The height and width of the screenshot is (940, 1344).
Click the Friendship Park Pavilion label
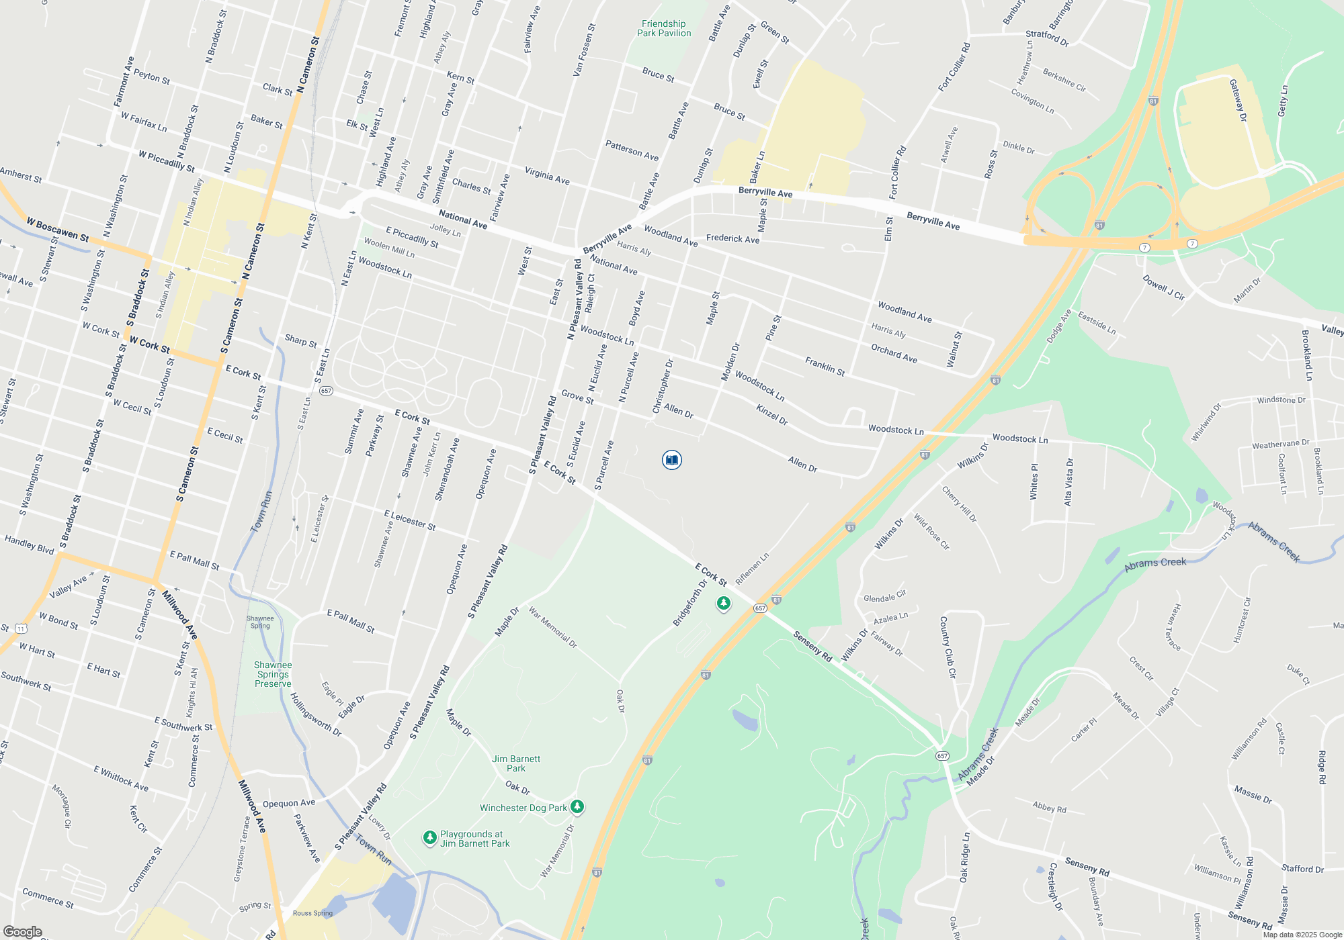point(663,28)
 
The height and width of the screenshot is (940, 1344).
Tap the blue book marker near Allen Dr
point(671,460)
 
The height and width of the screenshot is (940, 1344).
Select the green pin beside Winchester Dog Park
point(577,807)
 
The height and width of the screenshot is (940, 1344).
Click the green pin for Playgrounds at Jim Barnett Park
point(429,838)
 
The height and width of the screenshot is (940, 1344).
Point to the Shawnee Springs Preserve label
point(273,674)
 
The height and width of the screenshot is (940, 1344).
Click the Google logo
point(22,931)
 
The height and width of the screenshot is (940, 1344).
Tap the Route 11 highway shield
point(21,628)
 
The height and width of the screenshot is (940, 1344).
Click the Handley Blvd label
point(29,545)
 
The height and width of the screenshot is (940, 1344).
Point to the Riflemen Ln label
point(752,569)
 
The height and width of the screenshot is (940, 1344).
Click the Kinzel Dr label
point(771,414)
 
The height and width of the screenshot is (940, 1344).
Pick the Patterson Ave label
point(632,150)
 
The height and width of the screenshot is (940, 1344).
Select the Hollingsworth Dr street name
point(316,714)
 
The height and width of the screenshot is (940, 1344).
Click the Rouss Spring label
point(312,913)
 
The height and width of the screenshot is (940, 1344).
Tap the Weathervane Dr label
point(1280,444)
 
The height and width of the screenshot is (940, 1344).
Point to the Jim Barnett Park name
point(516,763)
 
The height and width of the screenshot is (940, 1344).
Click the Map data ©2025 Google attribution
point(1302,935)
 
